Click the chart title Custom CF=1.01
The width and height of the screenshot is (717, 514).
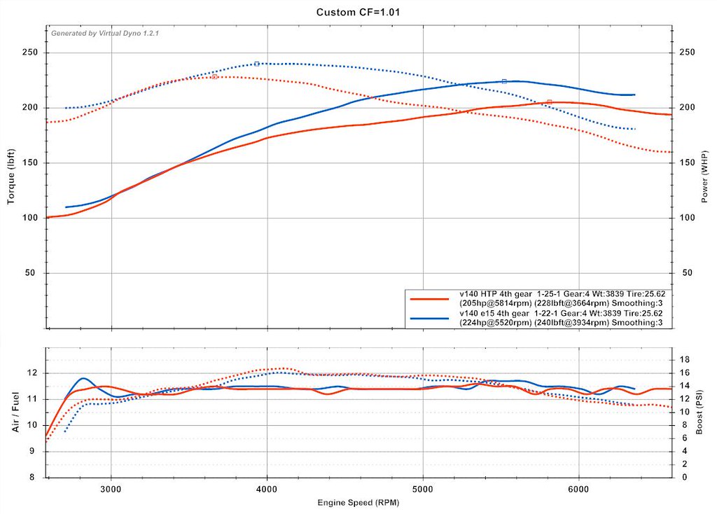[358, 12]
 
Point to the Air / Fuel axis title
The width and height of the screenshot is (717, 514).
[15, 410]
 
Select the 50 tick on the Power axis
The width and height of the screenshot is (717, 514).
[687, 273]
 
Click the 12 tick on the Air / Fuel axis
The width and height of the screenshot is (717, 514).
[32, 373]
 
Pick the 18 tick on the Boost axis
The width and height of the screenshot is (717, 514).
[685, 359]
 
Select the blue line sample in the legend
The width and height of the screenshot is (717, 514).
[429, 318]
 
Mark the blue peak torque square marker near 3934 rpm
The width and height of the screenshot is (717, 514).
[257, 64]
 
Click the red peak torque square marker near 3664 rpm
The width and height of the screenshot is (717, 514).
[214, 77]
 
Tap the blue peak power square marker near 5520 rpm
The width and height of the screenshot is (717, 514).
[504, 81]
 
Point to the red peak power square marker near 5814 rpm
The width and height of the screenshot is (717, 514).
[550, 102]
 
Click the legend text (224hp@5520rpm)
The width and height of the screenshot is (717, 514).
[496, 323]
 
